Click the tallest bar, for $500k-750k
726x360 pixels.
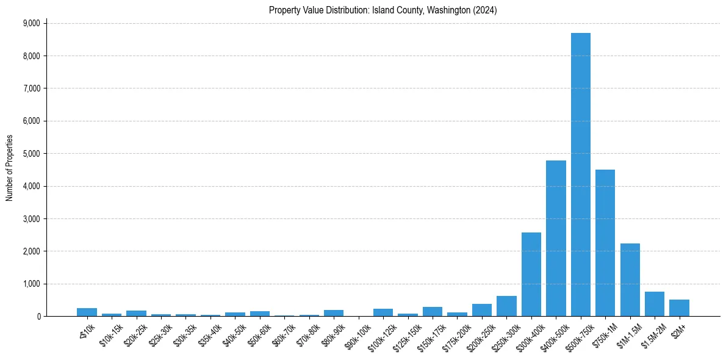pos(580,175)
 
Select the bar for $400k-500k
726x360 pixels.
pos(556,238)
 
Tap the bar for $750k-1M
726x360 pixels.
pos(605,243)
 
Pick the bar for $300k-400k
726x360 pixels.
pos(531,274)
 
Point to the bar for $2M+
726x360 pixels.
pos(679,308)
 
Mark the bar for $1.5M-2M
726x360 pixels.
pos(655,304)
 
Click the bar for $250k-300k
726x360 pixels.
pos(506,306)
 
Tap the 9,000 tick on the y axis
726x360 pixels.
pos(31,23)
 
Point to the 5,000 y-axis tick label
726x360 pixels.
pos(31,154)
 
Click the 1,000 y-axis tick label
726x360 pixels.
pos(31,284)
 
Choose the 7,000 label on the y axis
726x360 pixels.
pos(31,88)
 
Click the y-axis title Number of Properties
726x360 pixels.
pos(9,168)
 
